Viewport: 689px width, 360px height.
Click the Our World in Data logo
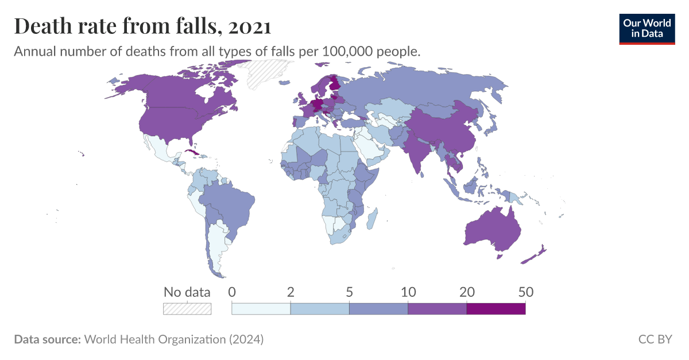click(647, 29)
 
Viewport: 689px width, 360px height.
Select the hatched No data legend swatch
click(187, 309)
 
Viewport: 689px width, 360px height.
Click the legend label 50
click(525, 292)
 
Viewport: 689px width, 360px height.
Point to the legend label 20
click(467, 292)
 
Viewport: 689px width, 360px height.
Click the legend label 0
click(232, 292)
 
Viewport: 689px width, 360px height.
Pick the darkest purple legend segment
click(496, 309)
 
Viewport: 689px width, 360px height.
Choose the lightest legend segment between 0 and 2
click(261, 309)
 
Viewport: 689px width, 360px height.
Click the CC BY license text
click(655, 339)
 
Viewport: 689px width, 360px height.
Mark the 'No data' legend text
click(187, 292)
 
